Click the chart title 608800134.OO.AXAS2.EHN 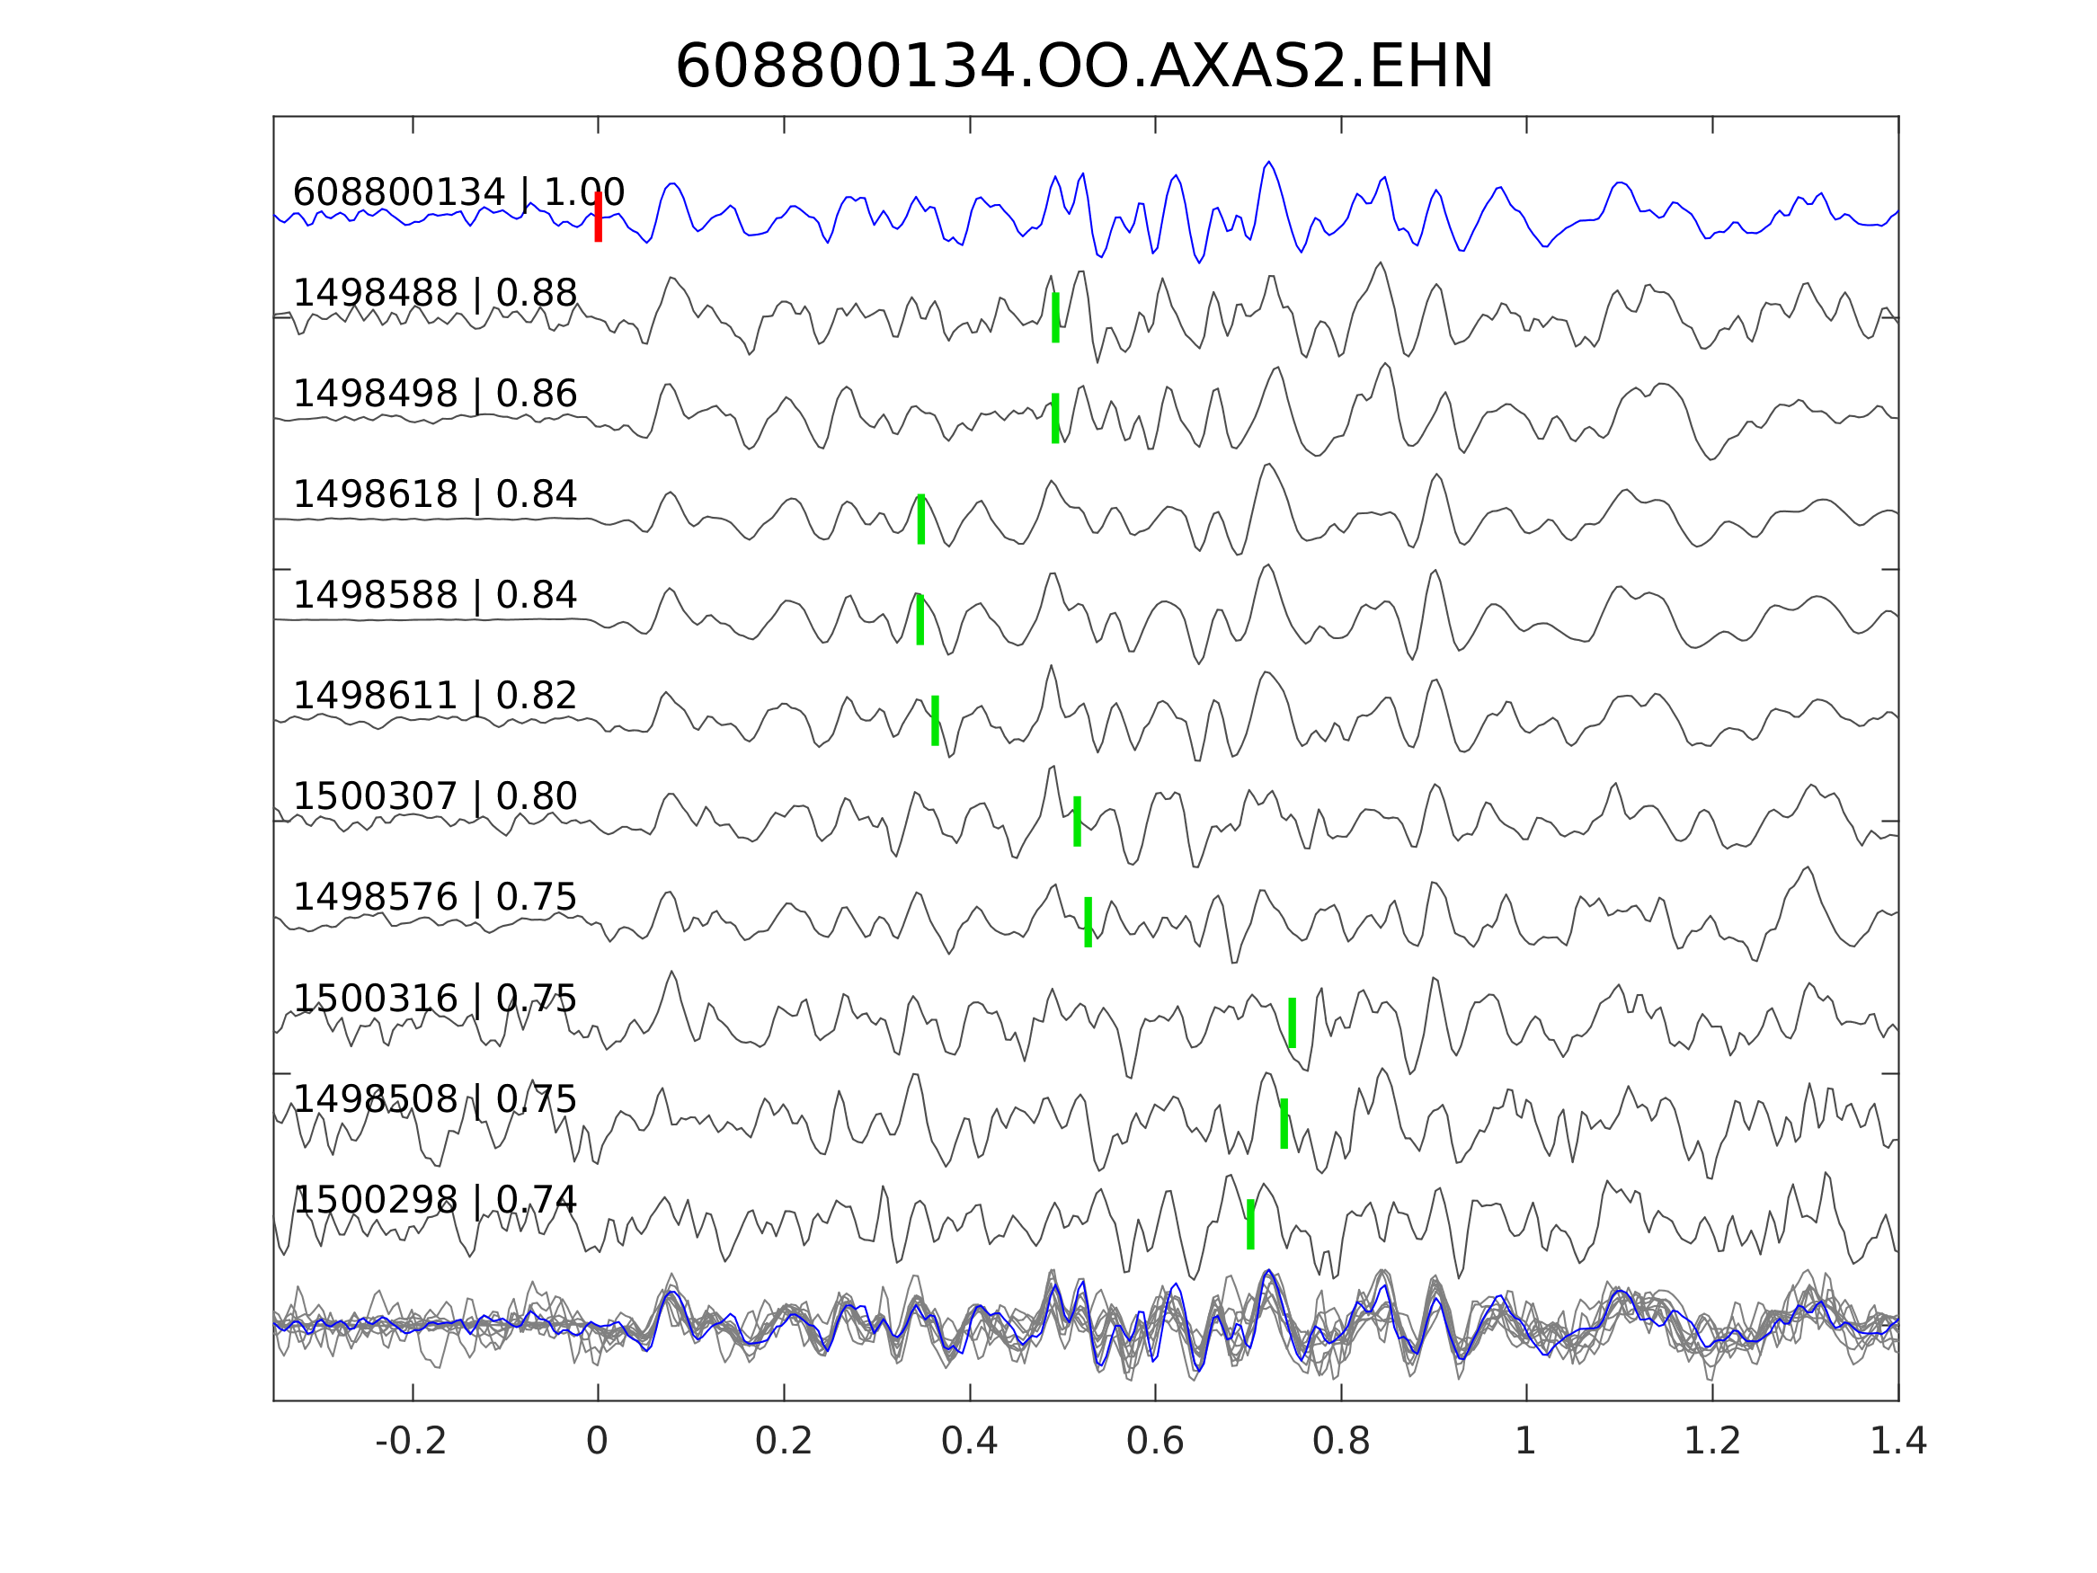click(x=1084, y=68)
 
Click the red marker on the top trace click(x=599, y=218)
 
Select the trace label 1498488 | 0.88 click(x=435, y=294)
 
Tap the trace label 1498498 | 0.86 click(x=435, y=394)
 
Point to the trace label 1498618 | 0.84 click(x=435, y=495)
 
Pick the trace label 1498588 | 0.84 click(x=435, y=595)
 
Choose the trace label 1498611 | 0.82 click(x=435, y=696)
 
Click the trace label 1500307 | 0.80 click(x=435, y=796)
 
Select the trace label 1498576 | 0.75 click(x=435, y=897)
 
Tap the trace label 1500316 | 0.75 click(x=435, y=999)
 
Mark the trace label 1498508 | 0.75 click(x=435, y=1099)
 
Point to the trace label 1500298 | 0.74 click(x=435, y=1199)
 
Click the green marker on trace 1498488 click(x=1055, y=317)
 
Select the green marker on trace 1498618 click(x=920, y=519)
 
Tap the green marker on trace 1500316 click(x=1293, y=1022)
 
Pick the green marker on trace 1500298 click(x=1250, y=1224)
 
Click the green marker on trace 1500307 click(x=1077, y=822)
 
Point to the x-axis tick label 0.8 click(x=1340, y=1442)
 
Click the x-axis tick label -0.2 click(x=412, y=1442)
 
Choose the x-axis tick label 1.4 click(x=1897, y=1442)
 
